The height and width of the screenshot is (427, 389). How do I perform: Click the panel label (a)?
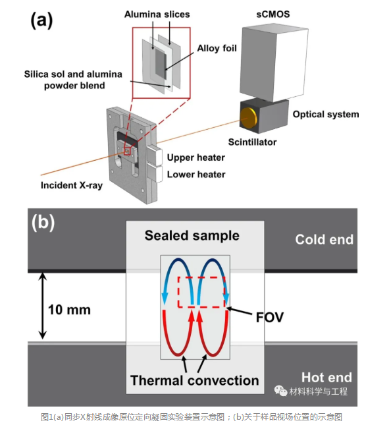[41, 20]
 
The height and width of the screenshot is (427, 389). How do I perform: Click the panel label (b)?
[43, 223]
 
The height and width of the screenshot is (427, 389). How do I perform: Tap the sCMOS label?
[273, 14]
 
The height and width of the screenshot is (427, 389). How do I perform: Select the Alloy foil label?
[217, 48]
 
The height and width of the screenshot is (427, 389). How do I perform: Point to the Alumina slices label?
[157, 14]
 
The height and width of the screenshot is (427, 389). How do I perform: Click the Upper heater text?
[196, 157]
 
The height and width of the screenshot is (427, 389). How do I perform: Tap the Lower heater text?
[196, 174]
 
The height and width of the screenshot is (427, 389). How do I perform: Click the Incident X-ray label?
[72, 185]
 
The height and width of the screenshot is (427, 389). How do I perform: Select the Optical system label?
[326, 114]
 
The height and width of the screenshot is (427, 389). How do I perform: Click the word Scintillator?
[252, 142]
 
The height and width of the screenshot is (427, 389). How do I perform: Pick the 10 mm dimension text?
[69, 310]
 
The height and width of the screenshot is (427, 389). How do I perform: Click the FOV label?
[270, 317]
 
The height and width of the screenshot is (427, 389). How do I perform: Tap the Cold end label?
[324, 239]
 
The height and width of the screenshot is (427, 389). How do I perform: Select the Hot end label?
[326, 378]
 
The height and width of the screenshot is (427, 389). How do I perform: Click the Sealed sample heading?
[192, 235]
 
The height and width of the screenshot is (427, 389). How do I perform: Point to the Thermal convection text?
[195, 380]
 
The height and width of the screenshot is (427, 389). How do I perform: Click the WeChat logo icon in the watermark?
[281, 391]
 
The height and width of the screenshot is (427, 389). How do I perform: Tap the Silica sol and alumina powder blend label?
[73, 80]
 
